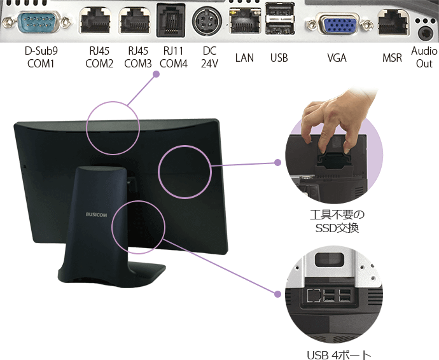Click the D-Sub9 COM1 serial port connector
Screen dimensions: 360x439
point(39,24)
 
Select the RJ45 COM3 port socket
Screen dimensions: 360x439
point(135,23)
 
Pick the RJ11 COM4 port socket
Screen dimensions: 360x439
point(171,22)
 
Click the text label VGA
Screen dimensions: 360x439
point(337,58)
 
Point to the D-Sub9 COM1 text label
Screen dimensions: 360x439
point(40,58)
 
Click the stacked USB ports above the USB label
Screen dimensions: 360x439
point(279,22)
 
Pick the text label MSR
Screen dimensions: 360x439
point(392,58)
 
